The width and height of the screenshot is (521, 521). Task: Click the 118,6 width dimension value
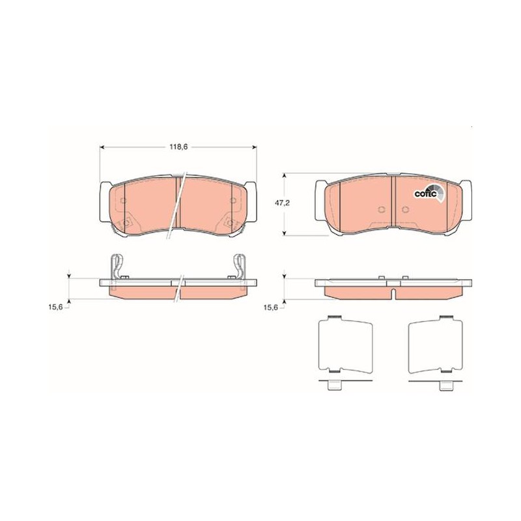pyautogui.click(x=178, y=147)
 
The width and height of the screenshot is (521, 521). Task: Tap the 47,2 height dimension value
pyautogui.click(x=282, y=203)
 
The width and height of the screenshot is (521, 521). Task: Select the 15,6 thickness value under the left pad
pyautogui.click(x=55, y=307)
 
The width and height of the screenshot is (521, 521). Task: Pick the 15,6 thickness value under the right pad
pyautogui.click(x=270, y=307)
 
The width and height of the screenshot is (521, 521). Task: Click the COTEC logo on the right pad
pyautogui.click(x=429, y=193)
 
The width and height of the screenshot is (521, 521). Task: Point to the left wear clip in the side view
pyautogui.click(x=116, y=266)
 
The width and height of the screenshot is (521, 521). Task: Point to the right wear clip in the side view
pyautogui.click(x=240, y=266)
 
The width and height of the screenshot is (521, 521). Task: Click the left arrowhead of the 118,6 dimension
pyautogui.click(x=102, y=147)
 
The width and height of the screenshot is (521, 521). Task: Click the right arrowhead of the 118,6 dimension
pyautogui.click(x=255, y=147)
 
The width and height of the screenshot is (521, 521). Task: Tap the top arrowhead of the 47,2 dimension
pyautogui.click(x=284, y=175)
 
